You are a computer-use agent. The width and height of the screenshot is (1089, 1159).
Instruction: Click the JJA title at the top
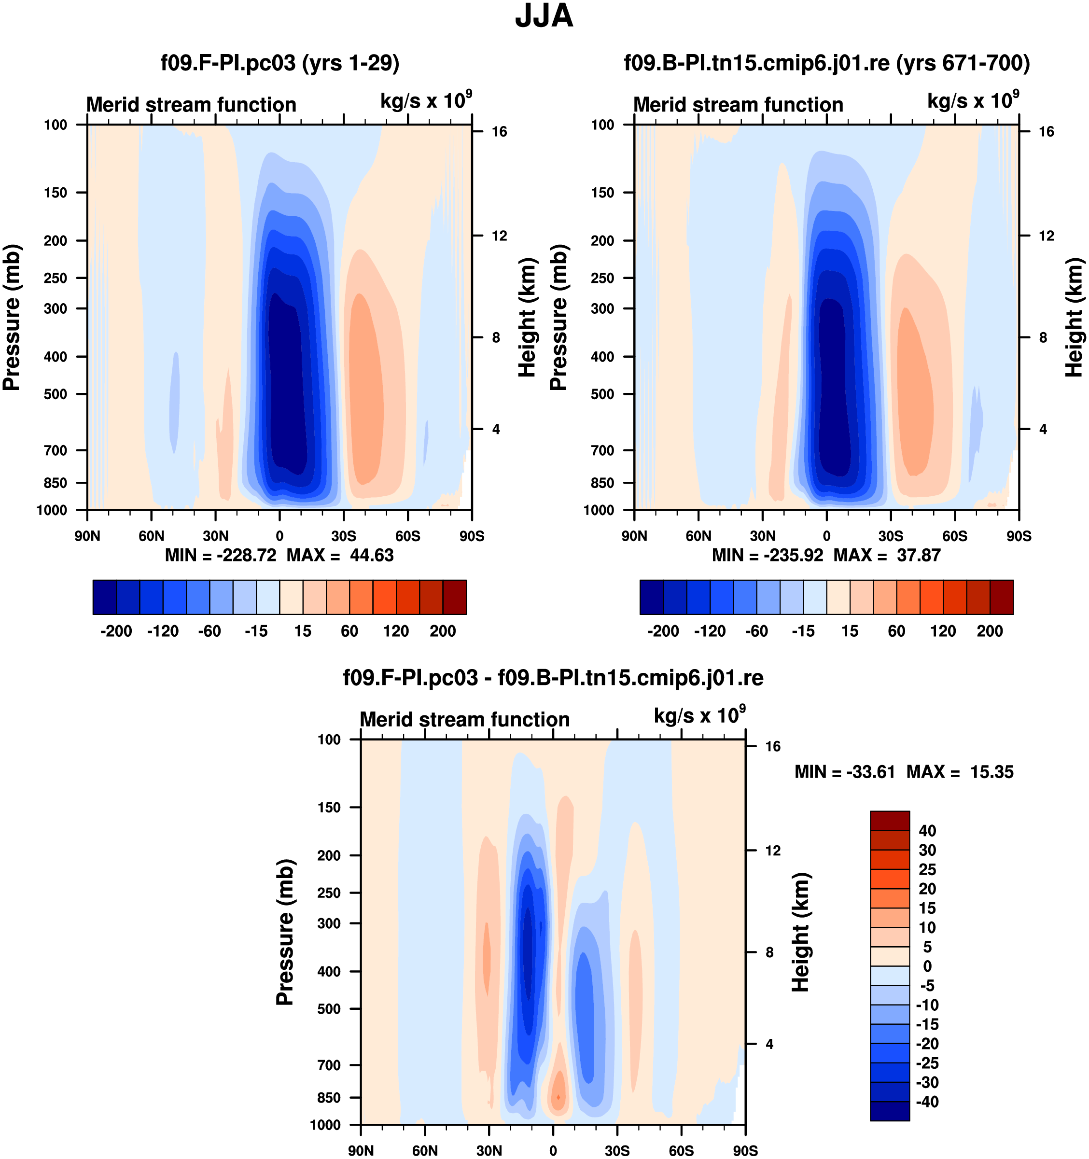544,16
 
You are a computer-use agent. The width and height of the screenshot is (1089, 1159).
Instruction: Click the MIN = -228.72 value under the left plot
221,555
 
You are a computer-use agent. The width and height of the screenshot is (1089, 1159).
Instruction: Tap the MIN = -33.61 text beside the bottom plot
844,772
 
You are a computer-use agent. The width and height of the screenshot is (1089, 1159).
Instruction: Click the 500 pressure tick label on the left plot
56,394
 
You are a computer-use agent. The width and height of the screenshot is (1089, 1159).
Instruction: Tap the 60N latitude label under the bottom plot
424,1151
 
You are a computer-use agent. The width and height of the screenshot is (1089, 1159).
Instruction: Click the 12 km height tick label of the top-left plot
499,236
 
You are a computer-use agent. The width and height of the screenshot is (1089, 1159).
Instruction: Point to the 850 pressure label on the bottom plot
329,1097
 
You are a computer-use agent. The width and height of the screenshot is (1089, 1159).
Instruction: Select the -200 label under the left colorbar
116,631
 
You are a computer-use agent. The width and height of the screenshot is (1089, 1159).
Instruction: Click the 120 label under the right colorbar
943,631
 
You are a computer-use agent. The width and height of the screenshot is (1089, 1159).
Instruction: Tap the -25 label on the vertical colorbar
927,1063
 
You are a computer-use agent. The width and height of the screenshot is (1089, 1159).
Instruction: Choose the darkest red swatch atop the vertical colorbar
890,820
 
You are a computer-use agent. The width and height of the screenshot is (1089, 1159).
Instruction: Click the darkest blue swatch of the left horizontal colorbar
104,597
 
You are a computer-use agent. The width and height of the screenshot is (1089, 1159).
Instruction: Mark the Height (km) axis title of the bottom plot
801,933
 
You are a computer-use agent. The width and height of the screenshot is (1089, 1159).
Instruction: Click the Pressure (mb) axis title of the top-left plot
12,317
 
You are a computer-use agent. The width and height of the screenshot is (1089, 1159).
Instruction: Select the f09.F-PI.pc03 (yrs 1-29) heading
280,62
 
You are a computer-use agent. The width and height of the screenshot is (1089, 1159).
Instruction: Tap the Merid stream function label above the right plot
738,105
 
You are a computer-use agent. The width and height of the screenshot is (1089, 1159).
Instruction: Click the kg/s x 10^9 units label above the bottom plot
699,716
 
